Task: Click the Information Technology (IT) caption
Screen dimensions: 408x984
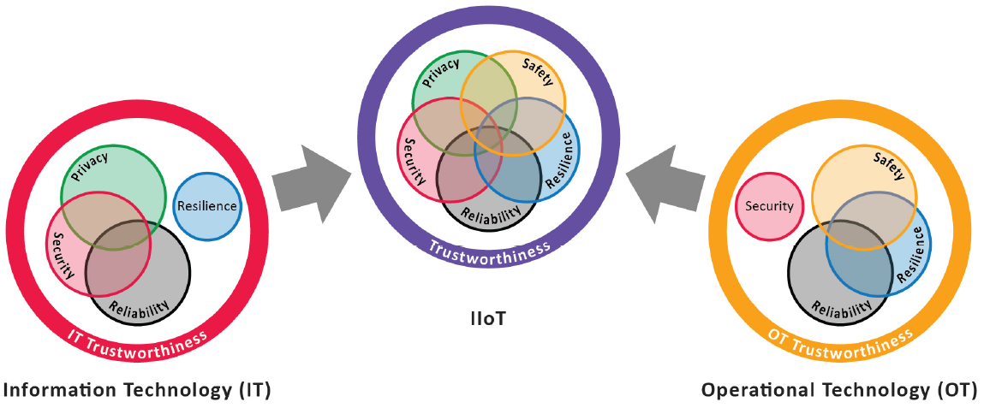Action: point(138,391)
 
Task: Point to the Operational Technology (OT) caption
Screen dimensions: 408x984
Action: point(838,391)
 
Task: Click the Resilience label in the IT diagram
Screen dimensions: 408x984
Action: point(206,206)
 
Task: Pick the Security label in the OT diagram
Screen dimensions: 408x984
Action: point(769,205)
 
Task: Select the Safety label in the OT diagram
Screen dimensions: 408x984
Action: point(889,166)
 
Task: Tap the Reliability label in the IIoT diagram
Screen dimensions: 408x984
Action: point(491,213)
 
